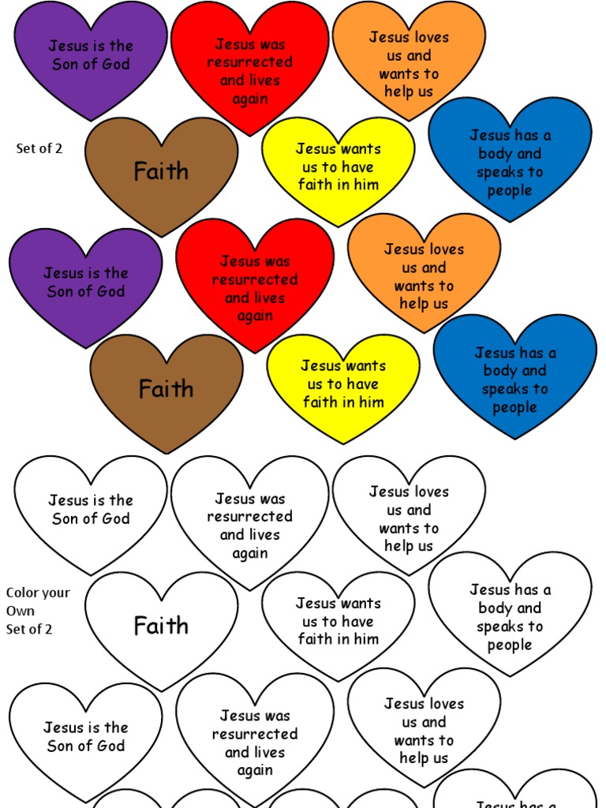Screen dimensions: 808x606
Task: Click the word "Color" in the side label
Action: click(21, 593)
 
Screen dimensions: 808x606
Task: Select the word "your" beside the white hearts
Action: click(54, 593)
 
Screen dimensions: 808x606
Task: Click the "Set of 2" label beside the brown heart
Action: click(39, 148)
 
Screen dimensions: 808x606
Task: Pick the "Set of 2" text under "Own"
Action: click(29, 629)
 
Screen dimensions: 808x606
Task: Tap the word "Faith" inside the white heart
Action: click(161, 626)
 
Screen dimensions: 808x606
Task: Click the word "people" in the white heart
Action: click(510, 645)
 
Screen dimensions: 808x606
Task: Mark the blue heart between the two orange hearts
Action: click(510, 158)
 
